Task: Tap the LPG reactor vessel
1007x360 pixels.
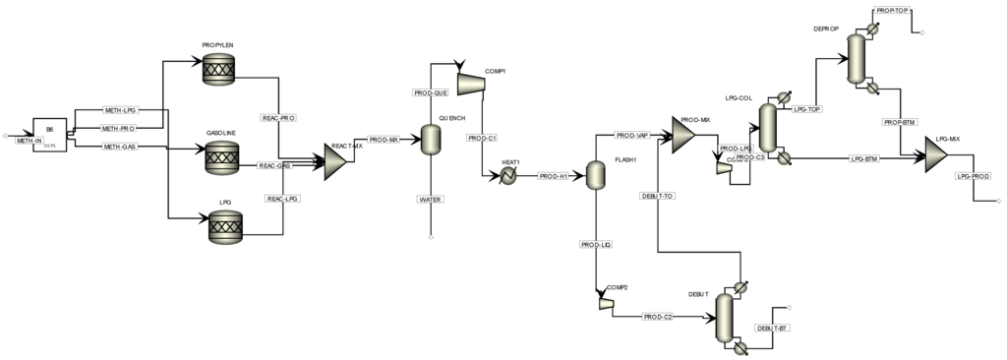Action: point(225,229)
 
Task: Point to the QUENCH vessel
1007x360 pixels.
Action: point(430,140)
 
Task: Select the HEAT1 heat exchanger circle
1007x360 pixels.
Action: point(509,175)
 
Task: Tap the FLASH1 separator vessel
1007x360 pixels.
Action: point(596,174)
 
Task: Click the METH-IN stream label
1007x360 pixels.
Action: point(30,141)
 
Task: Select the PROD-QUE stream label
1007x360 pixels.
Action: point(430,92)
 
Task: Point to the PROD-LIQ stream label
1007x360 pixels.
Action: point(596,245)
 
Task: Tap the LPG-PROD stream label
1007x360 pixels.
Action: point(974,176)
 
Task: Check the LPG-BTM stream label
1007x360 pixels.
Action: point(863,157)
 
